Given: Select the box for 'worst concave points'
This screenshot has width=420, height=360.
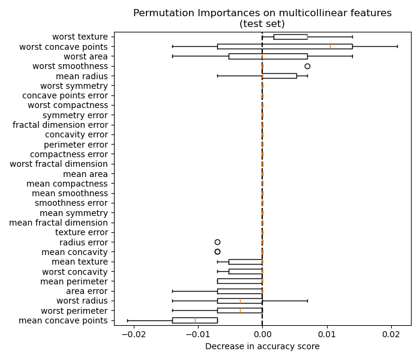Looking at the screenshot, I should tap(284, 46).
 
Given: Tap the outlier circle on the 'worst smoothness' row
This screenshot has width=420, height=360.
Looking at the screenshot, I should tap(307, 66).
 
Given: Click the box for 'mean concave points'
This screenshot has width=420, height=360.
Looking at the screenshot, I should tap(194, 320).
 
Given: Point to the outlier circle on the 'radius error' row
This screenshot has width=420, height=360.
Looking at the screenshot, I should tap(217, 242).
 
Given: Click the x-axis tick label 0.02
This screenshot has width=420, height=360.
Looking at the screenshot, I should tap(391, 334).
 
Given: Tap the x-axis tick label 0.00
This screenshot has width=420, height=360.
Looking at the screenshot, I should tap(262, 334).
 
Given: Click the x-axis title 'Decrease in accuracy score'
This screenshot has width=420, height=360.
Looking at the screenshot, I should tap(262, 346).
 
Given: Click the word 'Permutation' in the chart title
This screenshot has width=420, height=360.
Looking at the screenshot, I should tap(159, 13).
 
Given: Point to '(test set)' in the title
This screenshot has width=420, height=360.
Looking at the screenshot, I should tap(262, 23).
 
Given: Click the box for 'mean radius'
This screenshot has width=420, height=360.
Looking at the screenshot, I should tap(279, 76).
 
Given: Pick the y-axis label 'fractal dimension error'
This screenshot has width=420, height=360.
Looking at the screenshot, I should tap(61, 125).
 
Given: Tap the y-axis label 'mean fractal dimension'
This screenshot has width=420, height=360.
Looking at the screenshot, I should tap(59, 223).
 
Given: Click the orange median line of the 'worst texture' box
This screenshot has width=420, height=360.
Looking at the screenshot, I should tap(307, 37).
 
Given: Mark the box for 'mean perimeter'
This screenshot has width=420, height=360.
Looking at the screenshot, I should tap(239, 281).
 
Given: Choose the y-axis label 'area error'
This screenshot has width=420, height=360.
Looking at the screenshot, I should tap(86, 291).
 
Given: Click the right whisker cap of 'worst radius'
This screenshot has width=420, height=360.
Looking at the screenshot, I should tap(307, 301).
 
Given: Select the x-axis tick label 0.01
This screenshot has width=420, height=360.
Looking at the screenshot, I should tap(326, 334).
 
